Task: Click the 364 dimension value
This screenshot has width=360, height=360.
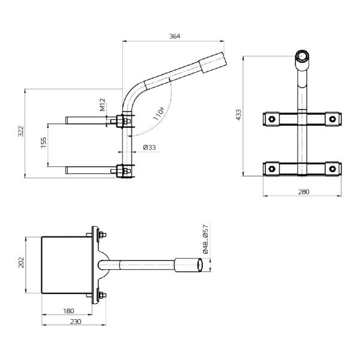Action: tap(174, 36)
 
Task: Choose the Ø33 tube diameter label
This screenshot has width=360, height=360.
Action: tap(150, 147)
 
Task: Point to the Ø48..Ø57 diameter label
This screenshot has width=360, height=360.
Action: tap(205, 241)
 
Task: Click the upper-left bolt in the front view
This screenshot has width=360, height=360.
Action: tap(272, 119)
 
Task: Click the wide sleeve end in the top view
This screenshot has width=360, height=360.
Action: tap(189, 265)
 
